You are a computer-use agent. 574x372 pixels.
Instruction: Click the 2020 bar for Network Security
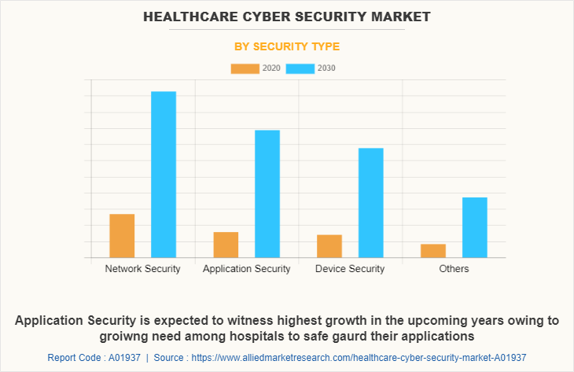122,236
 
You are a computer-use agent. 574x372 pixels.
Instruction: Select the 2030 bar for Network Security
164,175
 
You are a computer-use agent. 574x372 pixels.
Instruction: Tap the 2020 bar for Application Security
226,245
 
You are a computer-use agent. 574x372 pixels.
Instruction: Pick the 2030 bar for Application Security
267,193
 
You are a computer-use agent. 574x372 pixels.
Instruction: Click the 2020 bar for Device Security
329,246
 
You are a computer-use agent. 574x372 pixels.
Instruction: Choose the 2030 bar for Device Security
371,203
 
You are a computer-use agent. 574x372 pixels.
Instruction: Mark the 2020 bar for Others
433,251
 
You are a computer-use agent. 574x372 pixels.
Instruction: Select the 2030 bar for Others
475,227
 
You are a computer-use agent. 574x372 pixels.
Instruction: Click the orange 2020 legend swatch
245,68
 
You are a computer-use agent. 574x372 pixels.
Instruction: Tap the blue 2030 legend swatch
300,68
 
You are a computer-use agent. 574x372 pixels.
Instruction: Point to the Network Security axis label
142,269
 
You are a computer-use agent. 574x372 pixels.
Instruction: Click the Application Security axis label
246,269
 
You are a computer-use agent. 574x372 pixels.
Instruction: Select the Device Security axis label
350,269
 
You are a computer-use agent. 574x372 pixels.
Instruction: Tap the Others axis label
454,269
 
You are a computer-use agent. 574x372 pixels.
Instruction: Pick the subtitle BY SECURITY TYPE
287,46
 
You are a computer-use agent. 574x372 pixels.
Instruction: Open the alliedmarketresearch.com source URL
359,357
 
